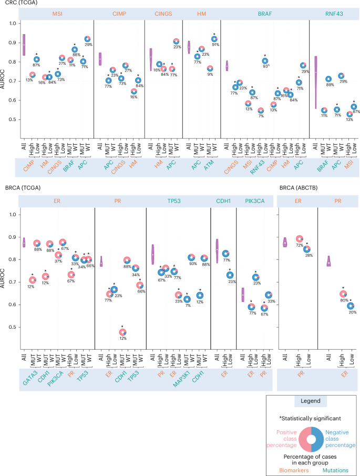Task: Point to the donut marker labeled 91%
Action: [x=214, y=39]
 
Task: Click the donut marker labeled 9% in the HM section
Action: [x=210, y=68]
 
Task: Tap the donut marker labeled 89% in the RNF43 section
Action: [x=328, y=79]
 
